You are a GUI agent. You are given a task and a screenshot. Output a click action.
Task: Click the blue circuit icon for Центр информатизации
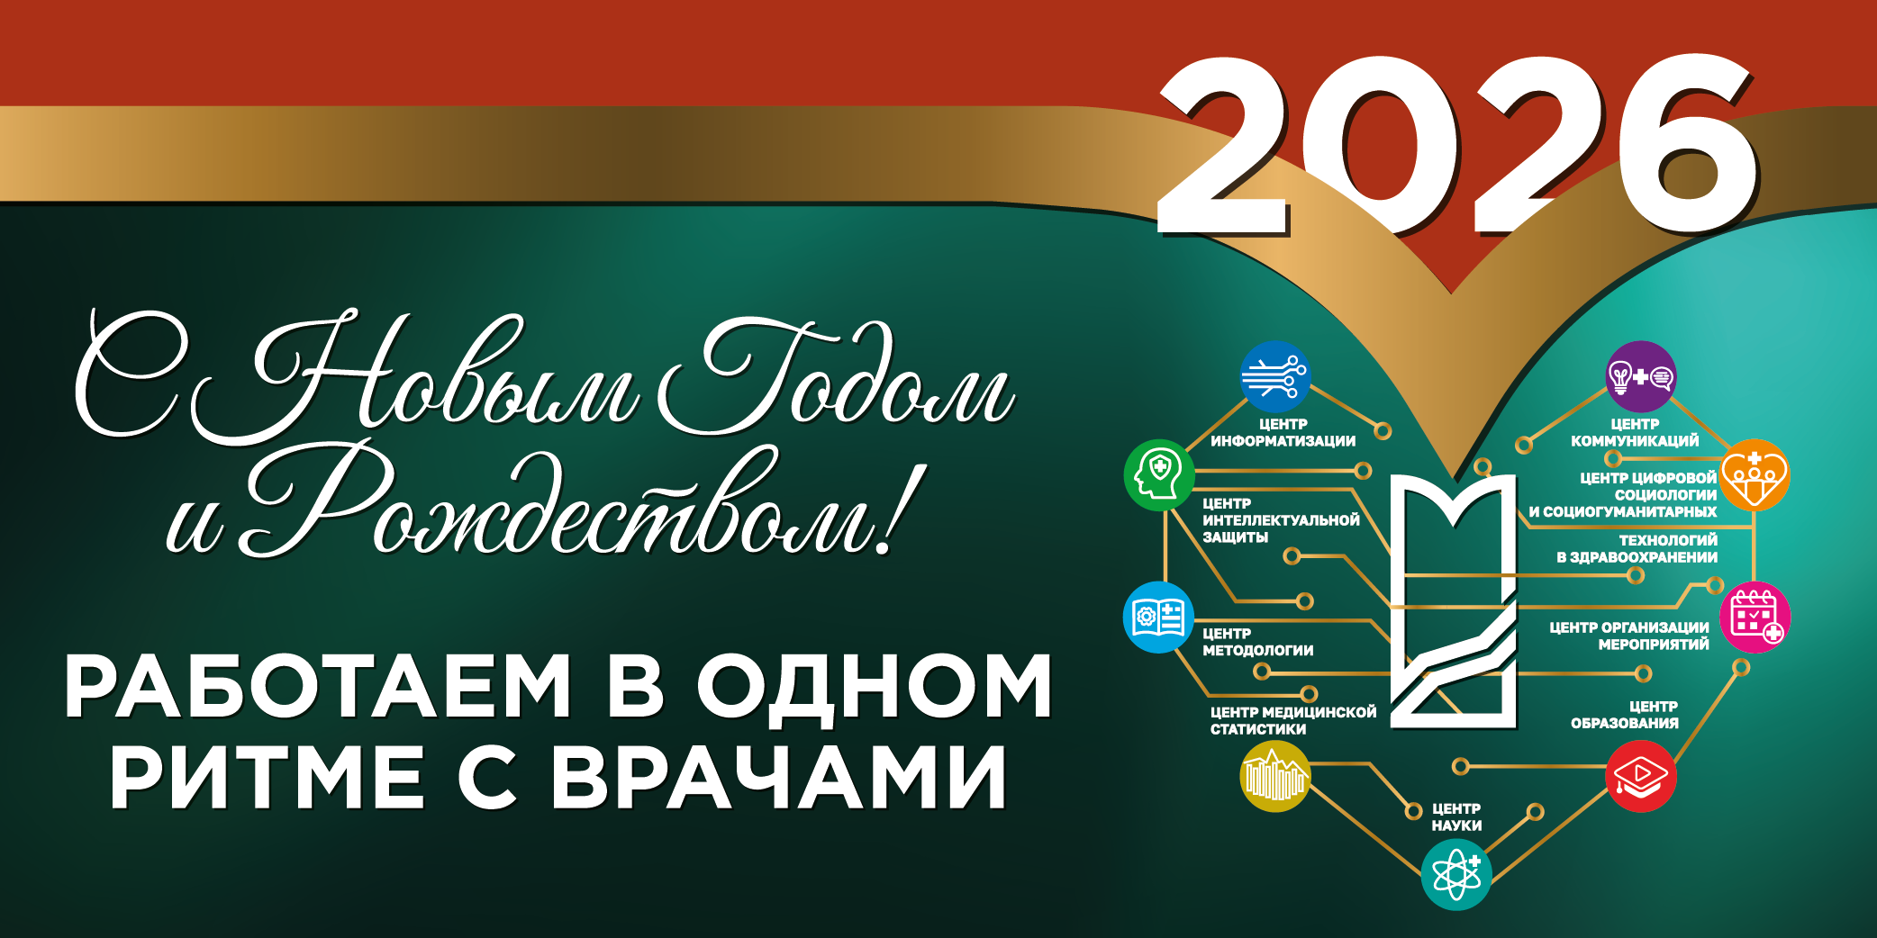[1274, 376]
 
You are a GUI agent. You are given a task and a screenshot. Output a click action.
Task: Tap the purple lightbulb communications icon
[1641, 376]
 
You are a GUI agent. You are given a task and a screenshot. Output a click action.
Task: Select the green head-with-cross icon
[1159, 474]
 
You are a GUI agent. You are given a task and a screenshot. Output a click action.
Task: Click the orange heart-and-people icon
[1755, 474]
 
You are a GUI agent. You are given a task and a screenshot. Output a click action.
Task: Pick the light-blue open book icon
[1159, 618]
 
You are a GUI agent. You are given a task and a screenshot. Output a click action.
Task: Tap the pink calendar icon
[1755, 618]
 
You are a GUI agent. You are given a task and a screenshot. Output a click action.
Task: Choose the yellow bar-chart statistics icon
[1274, 776]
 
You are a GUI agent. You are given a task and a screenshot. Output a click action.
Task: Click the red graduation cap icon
[1641, 776]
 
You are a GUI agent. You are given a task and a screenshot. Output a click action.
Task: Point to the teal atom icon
[1456, 874]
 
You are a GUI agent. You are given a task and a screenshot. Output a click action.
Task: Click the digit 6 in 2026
[1686, 144]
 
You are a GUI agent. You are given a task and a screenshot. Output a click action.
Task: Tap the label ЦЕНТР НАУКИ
[1456, 817]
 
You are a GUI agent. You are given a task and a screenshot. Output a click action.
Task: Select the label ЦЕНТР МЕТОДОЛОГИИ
[1257, 642]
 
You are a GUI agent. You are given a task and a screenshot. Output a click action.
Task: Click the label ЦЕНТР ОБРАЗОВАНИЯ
[1625, 715]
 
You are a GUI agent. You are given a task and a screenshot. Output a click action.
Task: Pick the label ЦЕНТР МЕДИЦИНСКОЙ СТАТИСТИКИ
[1292, 720]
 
